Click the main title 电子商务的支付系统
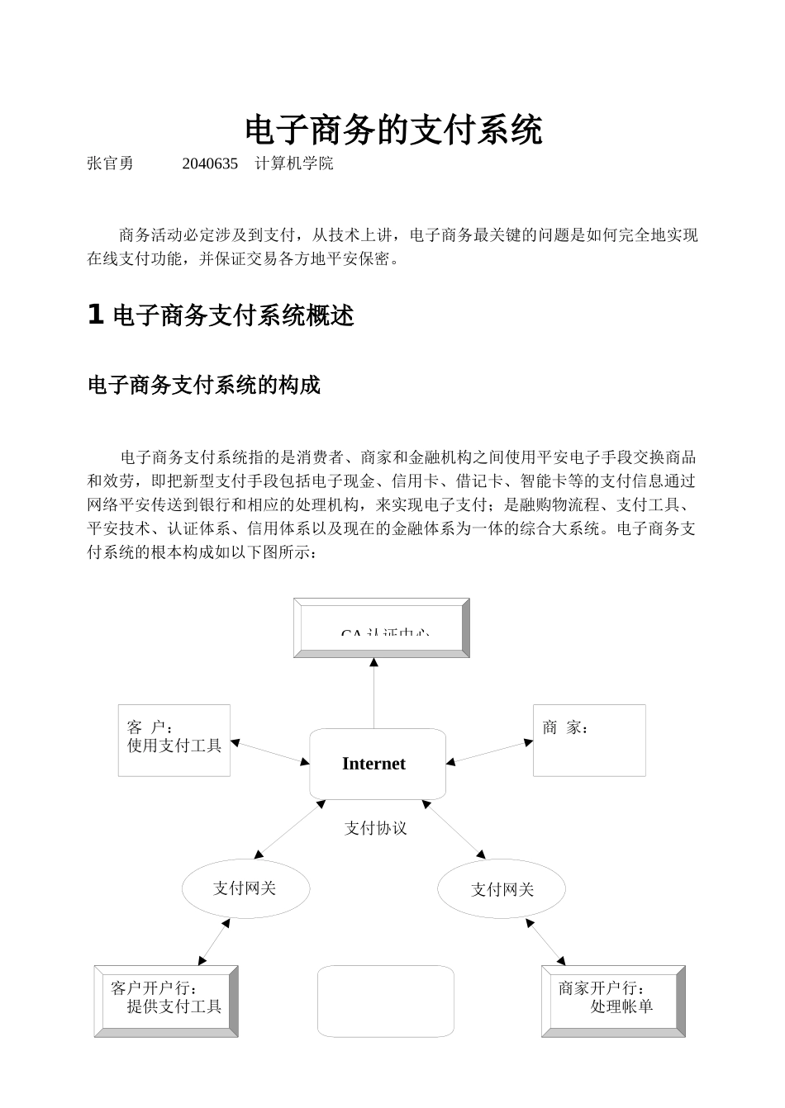[x=393, y=130]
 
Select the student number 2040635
[x=210, y=163]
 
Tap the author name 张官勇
[x=110, y=163]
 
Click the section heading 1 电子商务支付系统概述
[x=221, y=315]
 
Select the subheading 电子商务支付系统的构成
[x=204, y=385]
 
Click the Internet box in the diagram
[x=378, y=764]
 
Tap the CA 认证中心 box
[x=382, y=627]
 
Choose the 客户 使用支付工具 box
[x=174, y=740]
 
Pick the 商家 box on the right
[x=589, y=740]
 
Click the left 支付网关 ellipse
[x=245, y=888]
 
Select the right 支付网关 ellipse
[x=502, y=889]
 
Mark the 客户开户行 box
[x=166, y=1001]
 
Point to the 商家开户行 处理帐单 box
[x=613, y=1001]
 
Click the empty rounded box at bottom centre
[x=386, y=1001]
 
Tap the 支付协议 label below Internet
[x=376, y=828]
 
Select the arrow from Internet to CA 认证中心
[x=374, y=694]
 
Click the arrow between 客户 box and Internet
[x=269, y=752]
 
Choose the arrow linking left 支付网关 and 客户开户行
[x=214, y=941]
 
